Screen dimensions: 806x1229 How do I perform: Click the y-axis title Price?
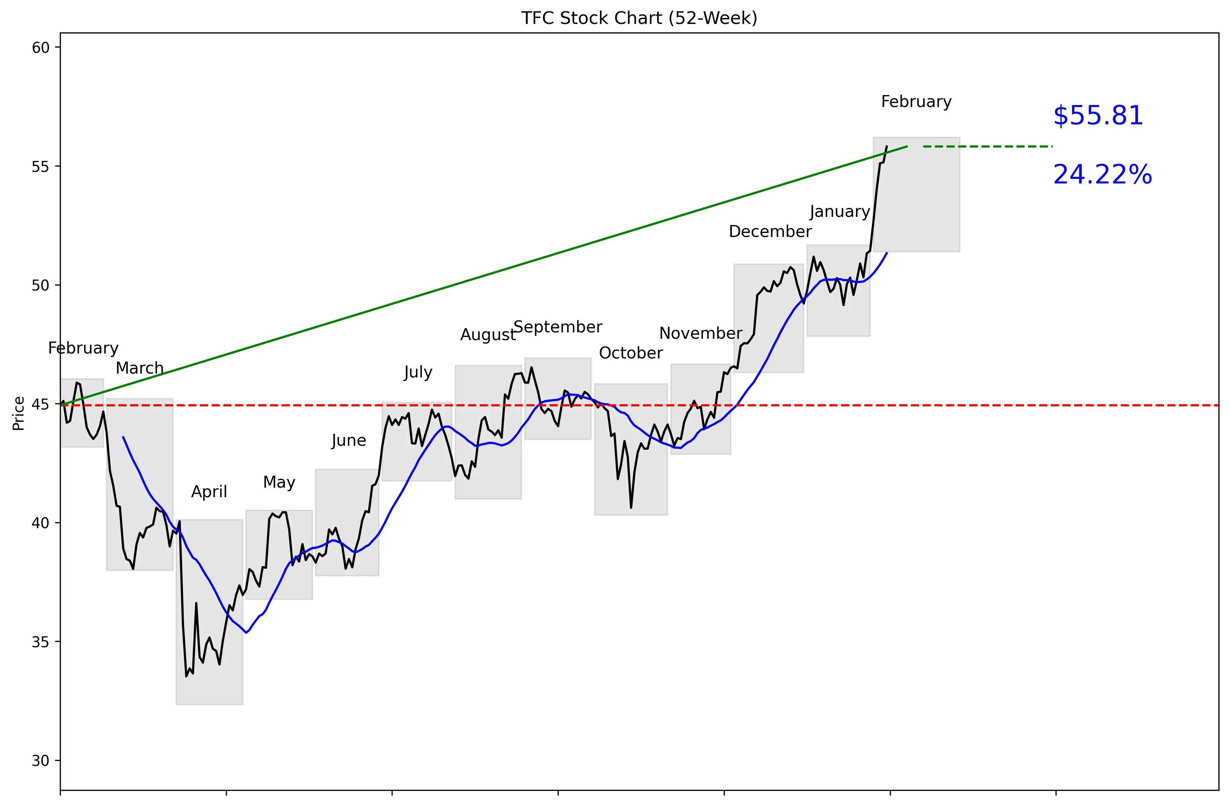19,413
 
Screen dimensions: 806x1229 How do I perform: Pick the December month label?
770,231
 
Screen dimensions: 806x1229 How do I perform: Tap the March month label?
139,368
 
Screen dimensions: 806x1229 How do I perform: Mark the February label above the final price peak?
916,101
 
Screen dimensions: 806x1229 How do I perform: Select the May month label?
279,482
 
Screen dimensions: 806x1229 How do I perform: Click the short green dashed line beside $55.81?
987,147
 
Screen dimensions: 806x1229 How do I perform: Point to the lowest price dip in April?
186,676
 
